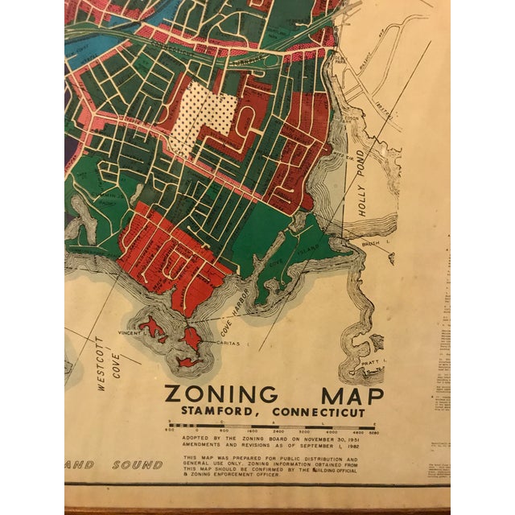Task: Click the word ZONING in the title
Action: point(220,395)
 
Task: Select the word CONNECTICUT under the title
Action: point(322,413)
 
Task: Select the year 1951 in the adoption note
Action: point(369,440)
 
